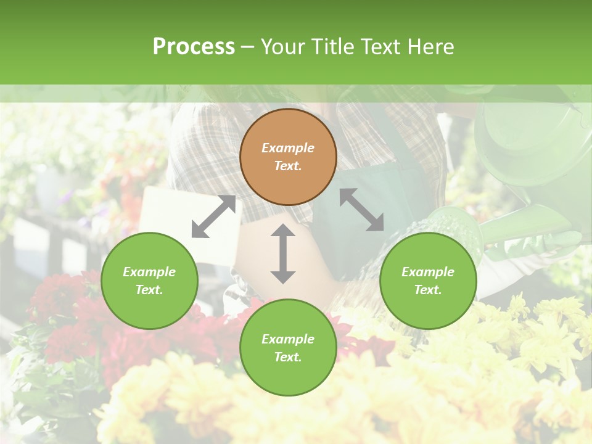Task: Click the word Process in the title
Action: [x=194, y=47]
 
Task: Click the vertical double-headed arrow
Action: [x=283, y=253]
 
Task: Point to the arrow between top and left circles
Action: [x=213, y=216]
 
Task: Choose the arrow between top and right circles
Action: [x=361, y=210]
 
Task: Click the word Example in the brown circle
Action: [x=288, y=148]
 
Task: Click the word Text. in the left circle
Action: [x=149, y=290]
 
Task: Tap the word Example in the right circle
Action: [x=428, y=272]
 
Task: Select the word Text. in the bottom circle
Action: [x=288, y=357]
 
